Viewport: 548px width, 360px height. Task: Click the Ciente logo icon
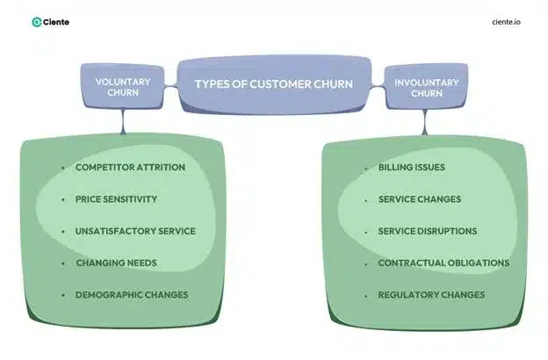point(36,22)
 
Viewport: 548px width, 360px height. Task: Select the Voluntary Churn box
point(122,87)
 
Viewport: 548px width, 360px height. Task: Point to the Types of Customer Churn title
point(274,83)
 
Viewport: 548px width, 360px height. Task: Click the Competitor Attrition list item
point(130,167)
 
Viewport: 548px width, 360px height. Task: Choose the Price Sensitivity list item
point(116,198)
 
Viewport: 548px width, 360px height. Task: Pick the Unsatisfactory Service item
point(135,231)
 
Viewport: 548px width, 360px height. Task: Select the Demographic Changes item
point(132,295)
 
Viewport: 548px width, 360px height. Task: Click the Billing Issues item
point(411,167)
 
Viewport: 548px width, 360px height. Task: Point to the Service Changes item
point(419,198)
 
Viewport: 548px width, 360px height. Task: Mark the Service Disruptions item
point(428,231)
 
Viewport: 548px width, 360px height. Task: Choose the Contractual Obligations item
point(443,263)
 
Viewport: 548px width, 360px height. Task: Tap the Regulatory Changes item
point(431,295)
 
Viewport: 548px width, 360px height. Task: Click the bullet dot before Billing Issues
point(365,167)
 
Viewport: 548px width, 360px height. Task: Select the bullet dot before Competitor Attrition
point(62,167)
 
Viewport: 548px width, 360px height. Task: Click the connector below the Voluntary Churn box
point(122,123)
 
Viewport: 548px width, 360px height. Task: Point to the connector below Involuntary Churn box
point(424,123)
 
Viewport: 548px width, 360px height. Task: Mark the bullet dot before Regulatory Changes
point(365,295)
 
